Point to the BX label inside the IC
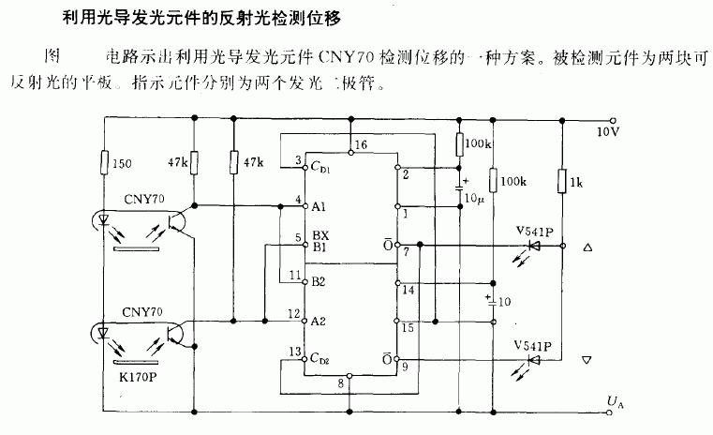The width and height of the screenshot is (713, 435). (319, 238)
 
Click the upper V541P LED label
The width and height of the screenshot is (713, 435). (532, 231)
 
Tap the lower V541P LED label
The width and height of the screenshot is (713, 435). (531, 345)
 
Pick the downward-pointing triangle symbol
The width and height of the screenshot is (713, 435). (587, 360)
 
